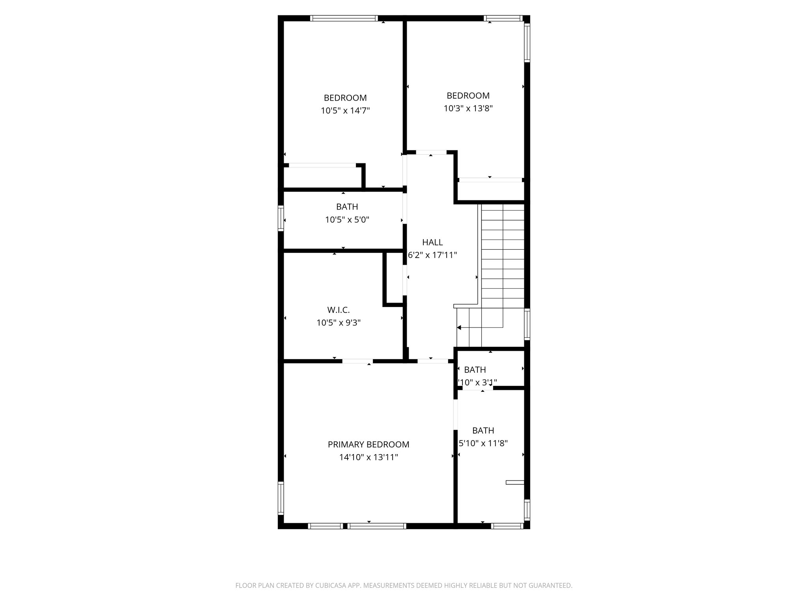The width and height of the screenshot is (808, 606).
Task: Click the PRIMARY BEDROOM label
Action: click(368, 445)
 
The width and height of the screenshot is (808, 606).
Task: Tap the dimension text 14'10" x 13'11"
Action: click(368, 457)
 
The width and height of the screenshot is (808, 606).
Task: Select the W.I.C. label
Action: click(339, 310)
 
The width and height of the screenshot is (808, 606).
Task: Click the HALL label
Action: click(432, 242)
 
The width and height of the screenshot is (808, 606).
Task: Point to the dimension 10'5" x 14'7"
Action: click(345, 110)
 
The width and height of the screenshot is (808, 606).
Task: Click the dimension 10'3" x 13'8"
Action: click(468, 108)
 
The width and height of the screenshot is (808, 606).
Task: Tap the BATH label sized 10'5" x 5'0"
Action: click(347, 207)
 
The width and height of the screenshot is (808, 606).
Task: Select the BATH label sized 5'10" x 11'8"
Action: click(483, 430)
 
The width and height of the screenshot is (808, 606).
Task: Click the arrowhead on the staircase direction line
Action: click(459, 327)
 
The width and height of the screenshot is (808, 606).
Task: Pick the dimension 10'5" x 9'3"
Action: click(339, 323)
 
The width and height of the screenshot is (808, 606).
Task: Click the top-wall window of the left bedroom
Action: click(344, 18)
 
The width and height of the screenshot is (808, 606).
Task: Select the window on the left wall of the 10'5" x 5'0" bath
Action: click(281, 218)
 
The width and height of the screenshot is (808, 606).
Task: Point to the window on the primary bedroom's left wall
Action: click(281, 498)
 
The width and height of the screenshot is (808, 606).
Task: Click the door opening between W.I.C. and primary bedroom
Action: click(357, 361)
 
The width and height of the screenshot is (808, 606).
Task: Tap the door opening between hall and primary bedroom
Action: click(433, 361)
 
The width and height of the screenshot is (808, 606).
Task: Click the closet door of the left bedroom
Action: click(322, 165)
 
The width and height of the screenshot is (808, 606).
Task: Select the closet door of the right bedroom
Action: click(490, 180)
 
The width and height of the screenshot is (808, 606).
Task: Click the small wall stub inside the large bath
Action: click(515, 482)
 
